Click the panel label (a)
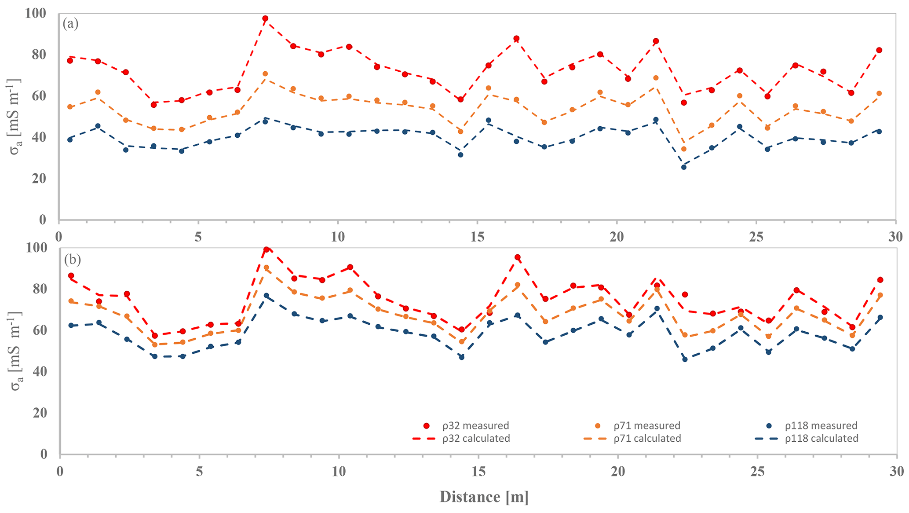tap(70, 24)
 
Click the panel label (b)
tap(72, 260)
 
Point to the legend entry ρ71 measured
tap(647, 425)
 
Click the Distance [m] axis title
tap(484, 497)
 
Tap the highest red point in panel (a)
tap(265, 18)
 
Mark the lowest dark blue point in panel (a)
tap(684, 167)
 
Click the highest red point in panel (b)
tap(266, 249)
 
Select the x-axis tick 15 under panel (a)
tap(477, 237)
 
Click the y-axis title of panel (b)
tap(17, 352)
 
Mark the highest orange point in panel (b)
tap(266, 267)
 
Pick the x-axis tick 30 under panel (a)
tap(895, 237)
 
